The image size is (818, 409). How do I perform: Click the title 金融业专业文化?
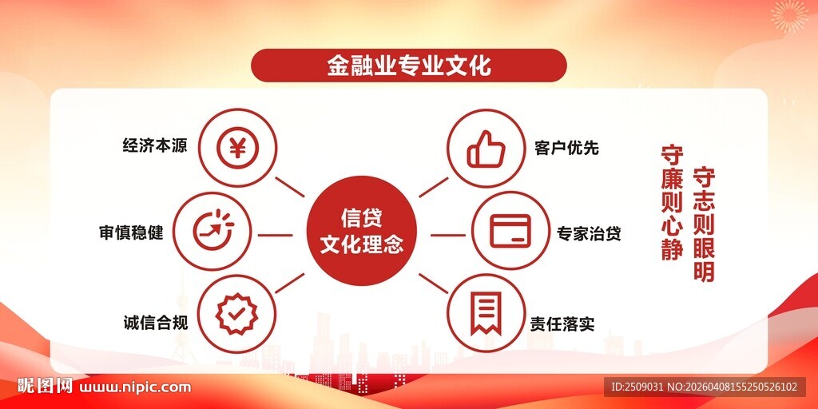click(x=408, y=66)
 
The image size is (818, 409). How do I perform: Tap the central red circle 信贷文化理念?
click(x=361, y=230)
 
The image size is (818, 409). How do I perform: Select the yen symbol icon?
click(x=237, y=148)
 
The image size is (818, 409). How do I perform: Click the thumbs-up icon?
click(x=486, y=148)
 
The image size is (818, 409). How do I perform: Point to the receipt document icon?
click(x=486, y=314)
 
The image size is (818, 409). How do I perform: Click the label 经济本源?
click(x=154, y=147)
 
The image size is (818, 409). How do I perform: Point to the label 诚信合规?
click(x=154, y=323)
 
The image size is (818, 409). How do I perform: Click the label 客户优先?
click(x=566, y=148)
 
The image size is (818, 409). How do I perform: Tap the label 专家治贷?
click(x=589, y=234)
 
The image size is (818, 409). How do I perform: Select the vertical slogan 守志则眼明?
click(x=704, y=224)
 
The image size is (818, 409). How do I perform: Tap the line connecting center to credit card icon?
click(x=448, y=235)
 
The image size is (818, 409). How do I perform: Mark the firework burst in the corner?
click(x=789, y=16)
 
